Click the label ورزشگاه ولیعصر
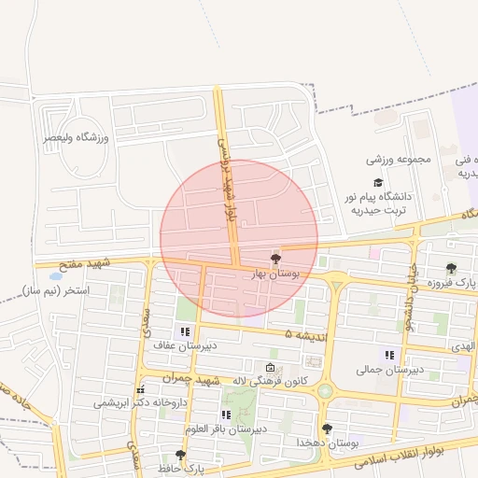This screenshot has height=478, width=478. click(x=77, y=138)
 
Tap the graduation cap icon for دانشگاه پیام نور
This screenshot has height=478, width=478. click(x=378, y=183)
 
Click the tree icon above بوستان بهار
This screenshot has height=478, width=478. click(x=275, y=259)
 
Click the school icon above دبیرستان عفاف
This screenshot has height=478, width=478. click(x=185, y=331)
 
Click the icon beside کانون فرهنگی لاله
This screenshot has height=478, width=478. click(x=271, y=367)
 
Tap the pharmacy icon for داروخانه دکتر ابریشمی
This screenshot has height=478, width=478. click(x=140, y=390)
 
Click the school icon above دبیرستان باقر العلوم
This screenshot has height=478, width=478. click(x=226, y=415)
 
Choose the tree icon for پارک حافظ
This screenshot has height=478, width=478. click(x=180, y=455)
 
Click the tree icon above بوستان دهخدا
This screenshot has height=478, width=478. click(x=327, y=429)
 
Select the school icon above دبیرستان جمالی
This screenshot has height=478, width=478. click(x=389, y=355)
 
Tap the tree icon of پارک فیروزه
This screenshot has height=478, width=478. click(x=452, y=269)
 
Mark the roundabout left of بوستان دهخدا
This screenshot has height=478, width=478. click(x=324, y=391)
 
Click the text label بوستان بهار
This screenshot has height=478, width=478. click(x=273, y=274)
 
